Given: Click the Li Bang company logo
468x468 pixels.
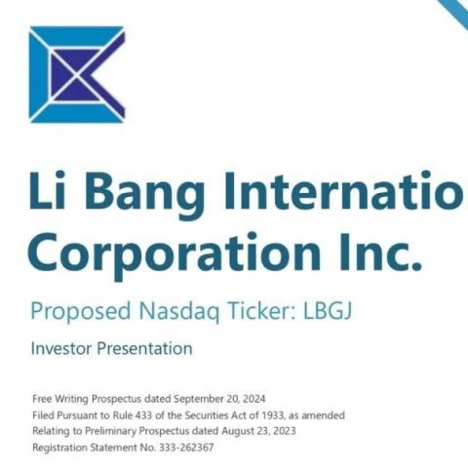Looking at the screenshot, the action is coord(77,74).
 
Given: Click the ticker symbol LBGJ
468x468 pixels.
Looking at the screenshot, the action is coord(328,311).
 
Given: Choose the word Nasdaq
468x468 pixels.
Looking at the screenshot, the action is coord(179,312).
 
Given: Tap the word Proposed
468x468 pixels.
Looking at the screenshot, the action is coord(81,312).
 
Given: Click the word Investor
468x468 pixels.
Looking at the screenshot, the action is coord(61,348).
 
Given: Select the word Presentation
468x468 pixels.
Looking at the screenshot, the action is coord(145,348).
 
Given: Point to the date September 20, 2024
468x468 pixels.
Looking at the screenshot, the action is coord(219,399).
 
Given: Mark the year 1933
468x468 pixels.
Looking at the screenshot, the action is coord(276,415).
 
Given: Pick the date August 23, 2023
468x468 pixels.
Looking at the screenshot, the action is coord(258,431).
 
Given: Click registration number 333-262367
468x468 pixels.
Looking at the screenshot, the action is coord(186,448).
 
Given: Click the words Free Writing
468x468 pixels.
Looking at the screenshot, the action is coord(60,399).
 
